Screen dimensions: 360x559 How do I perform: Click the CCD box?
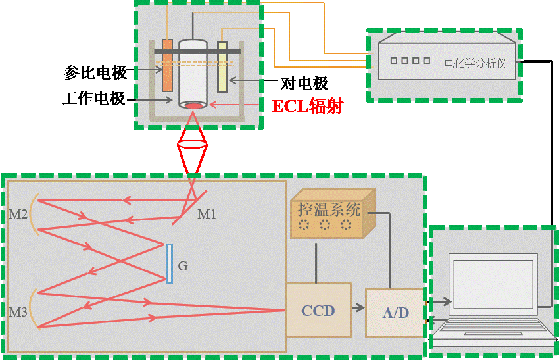[x=318, y=310]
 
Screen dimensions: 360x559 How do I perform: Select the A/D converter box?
[x=395, y=313]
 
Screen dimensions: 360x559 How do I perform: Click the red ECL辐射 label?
[x=307, y=106]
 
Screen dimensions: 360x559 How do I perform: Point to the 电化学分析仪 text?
[x=475, y=64]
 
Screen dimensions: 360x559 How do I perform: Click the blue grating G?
[x=169, y=263]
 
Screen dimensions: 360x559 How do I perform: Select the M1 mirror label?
[x=207, y=214]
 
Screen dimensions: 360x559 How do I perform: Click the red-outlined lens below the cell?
[x=192, y=144]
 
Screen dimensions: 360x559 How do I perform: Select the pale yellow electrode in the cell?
[x=222, y=66]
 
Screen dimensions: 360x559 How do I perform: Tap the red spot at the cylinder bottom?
[x=193, y=105]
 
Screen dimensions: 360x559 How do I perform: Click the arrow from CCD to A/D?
[x=358, y=307]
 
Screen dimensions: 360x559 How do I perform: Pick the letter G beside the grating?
[x=183, y=267]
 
